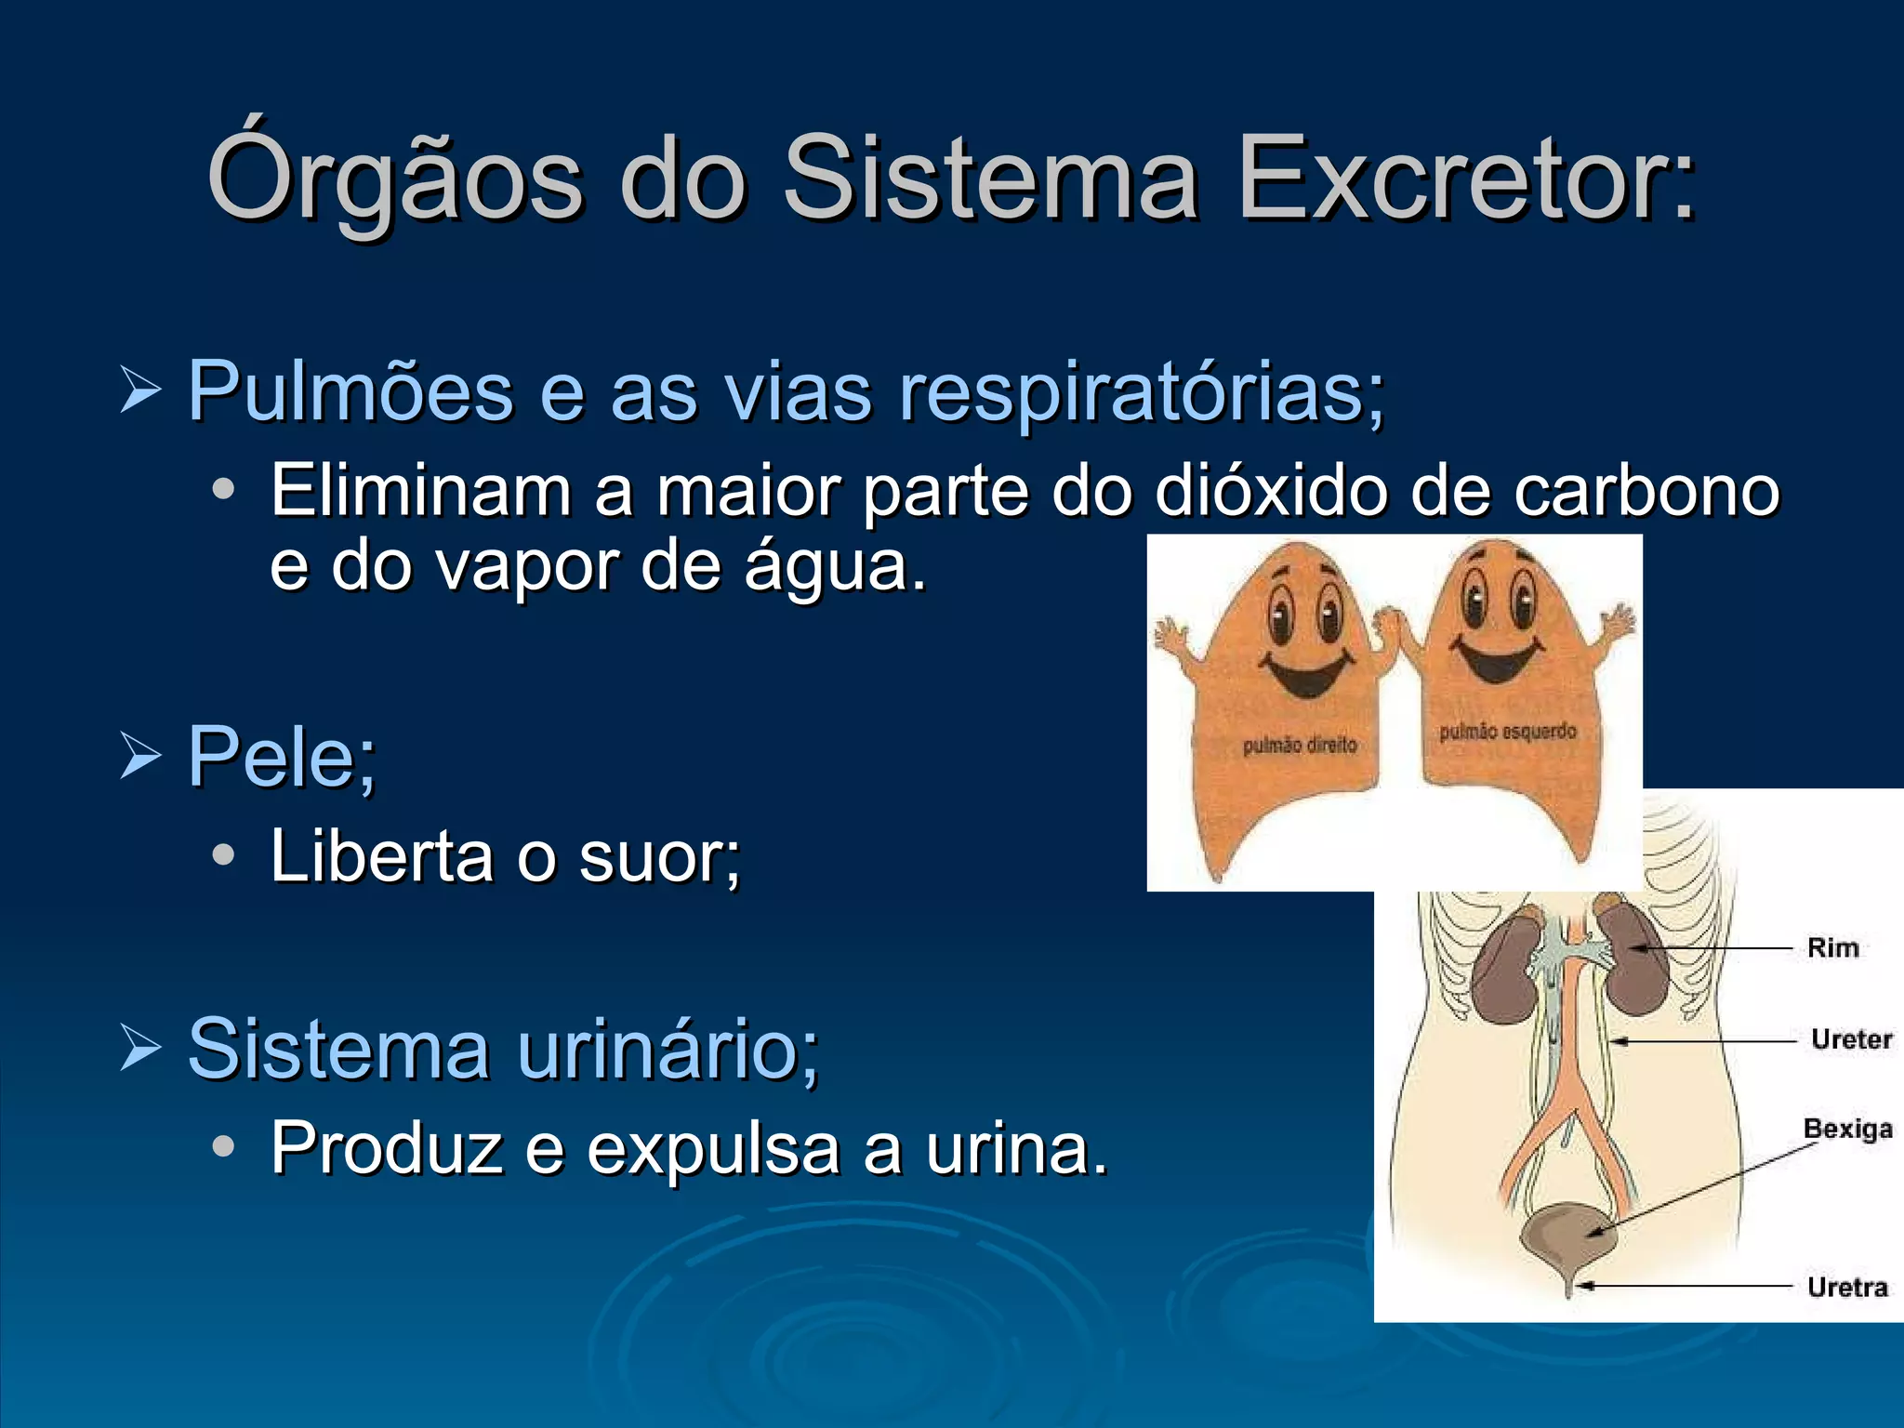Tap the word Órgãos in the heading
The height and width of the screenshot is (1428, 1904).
395,177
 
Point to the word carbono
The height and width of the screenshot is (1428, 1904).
1646,490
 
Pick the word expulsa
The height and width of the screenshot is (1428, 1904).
713,1148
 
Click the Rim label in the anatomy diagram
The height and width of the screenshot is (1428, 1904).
1832,948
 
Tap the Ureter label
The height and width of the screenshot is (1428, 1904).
1851,1038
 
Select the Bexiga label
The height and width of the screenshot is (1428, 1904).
1847,1129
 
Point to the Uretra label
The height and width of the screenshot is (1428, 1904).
1847,1287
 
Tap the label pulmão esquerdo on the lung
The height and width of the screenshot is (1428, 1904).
1507,732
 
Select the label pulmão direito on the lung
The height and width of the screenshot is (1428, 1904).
1299,746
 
